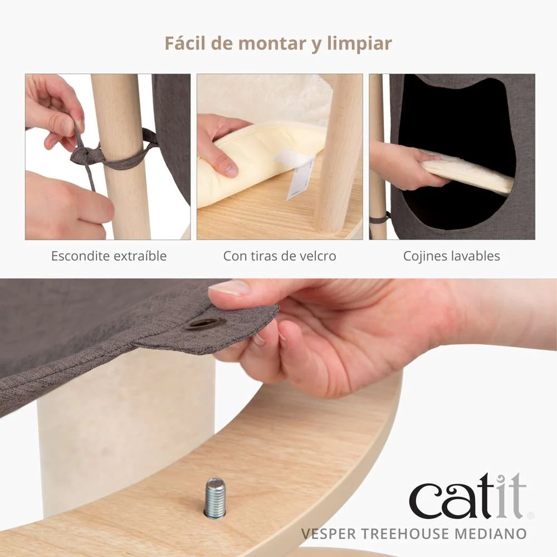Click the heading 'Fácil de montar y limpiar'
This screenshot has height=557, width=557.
pyautogui.click(x=278, y=43)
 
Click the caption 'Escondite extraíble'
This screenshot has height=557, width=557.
pyautogui.click(x=109, y=256)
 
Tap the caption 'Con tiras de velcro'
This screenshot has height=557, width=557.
pyautogui.click(x=280, y=256)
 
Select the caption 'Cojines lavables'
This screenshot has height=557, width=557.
pyautogui.click(x=451, y=256)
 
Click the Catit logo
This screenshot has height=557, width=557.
pyautogui.click(x=467, y=497)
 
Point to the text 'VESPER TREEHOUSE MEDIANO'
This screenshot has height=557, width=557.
pyautogui.click(x=413, y=534)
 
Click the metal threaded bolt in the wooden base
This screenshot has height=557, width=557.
pyautogui.click(x=215, y=497)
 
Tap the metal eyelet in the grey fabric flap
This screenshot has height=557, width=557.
pyautogui.click(x=204, y=323)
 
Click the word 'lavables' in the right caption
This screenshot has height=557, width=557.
pyautogui.click(x=475, y=256)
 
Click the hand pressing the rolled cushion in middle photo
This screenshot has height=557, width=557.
pyautogui.click(x=220, y=145)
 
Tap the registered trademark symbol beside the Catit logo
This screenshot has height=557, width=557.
pyautogui.click(x=530, y=515)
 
